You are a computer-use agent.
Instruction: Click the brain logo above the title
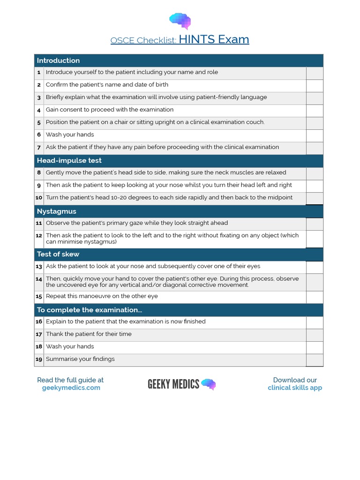click(180, 21)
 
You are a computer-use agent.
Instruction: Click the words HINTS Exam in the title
click(214, 39)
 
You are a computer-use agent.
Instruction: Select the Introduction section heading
click(58, 60)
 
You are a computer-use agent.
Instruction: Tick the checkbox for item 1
click(315, 73)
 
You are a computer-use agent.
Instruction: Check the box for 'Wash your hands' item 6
click(315, 135)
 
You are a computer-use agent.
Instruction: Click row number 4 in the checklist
click(39, 110)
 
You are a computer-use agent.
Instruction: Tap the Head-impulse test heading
click(69, 160)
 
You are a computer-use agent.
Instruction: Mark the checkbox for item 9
click(315, 186)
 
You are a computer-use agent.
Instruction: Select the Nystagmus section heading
click(56, 211)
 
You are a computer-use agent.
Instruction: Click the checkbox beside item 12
click(315, 239)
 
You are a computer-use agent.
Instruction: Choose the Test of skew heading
click(58, 254)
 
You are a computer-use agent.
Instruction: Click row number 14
click(39, 279)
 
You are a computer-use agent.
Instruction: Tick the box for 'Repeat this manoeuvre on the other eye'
click(315, 297)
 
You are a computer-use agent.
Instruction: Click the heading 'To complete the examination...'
click(89, 310)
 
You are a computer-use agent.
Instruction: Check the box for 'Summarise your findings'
click(315, 360)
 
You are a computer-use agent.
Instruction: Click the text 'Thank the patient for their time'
click(89, 334)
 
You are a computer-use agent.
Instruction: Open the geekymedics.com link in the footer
click(71, 388)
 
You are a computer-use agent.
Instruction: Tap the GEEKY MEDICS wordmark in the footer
click(173, 384)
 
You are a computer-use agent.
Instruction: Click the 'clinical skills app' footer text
click(295, 388)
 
